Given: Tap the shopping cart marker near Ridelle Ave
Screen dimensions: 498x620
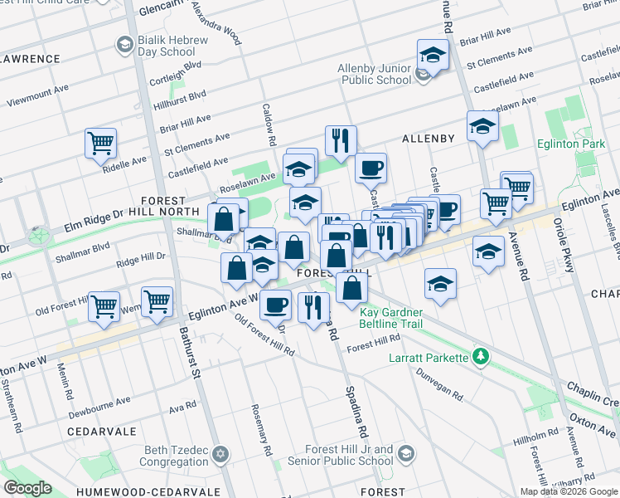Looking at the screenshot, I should click(x=101, y=143).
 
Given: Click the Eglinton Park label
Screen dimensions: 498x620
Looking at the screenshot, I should click(x=580, y=144).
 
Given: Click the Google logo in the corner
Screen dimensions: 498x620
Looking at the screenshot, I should click(x=27, y=488).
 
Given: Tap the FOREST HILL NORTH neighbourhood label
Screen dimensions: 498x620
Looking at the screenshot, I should click(x=177, y=207).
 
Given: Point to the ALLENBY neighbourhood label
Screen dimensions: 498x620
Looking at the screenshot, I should click(x=428, y=139).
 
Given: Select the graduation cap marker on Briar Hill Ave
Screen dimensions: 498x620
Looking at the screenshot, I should click(x=433, y=56).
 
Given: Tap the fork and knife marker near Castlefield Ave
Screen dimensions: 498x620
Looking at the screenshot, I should click(x=340, y=141).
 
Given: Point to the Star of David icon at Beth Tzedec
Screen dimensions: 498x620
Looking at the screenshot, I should click(x=220, y=454).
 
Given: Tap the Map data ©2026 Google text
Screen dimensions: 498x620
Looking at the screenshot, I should click(x=568, y=491).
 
